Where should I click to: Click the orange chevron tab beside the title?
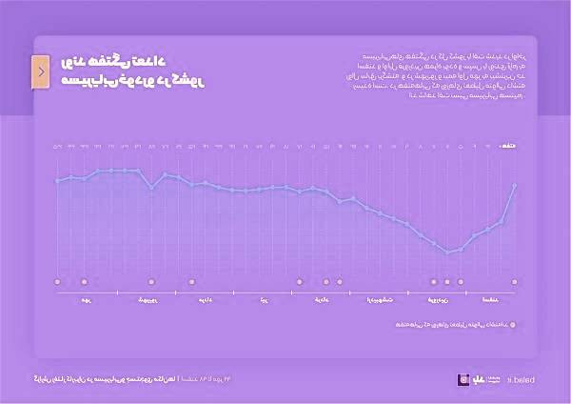pyautogui.click(x=40, y=72)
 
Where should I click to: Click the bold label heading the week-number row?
pyautogui.click(x=509, y=147)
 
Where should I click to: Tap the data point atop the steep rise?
pyautogui.click(x=515, y=185)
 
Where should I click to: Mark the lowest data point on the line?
pyautogui.click(x=447, y=252)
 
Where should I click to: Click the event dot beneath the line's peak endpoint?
pyautogui.click(x=515, y=282)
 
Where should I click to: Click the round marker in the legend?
pyautogui.click(x=513, y=325)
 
